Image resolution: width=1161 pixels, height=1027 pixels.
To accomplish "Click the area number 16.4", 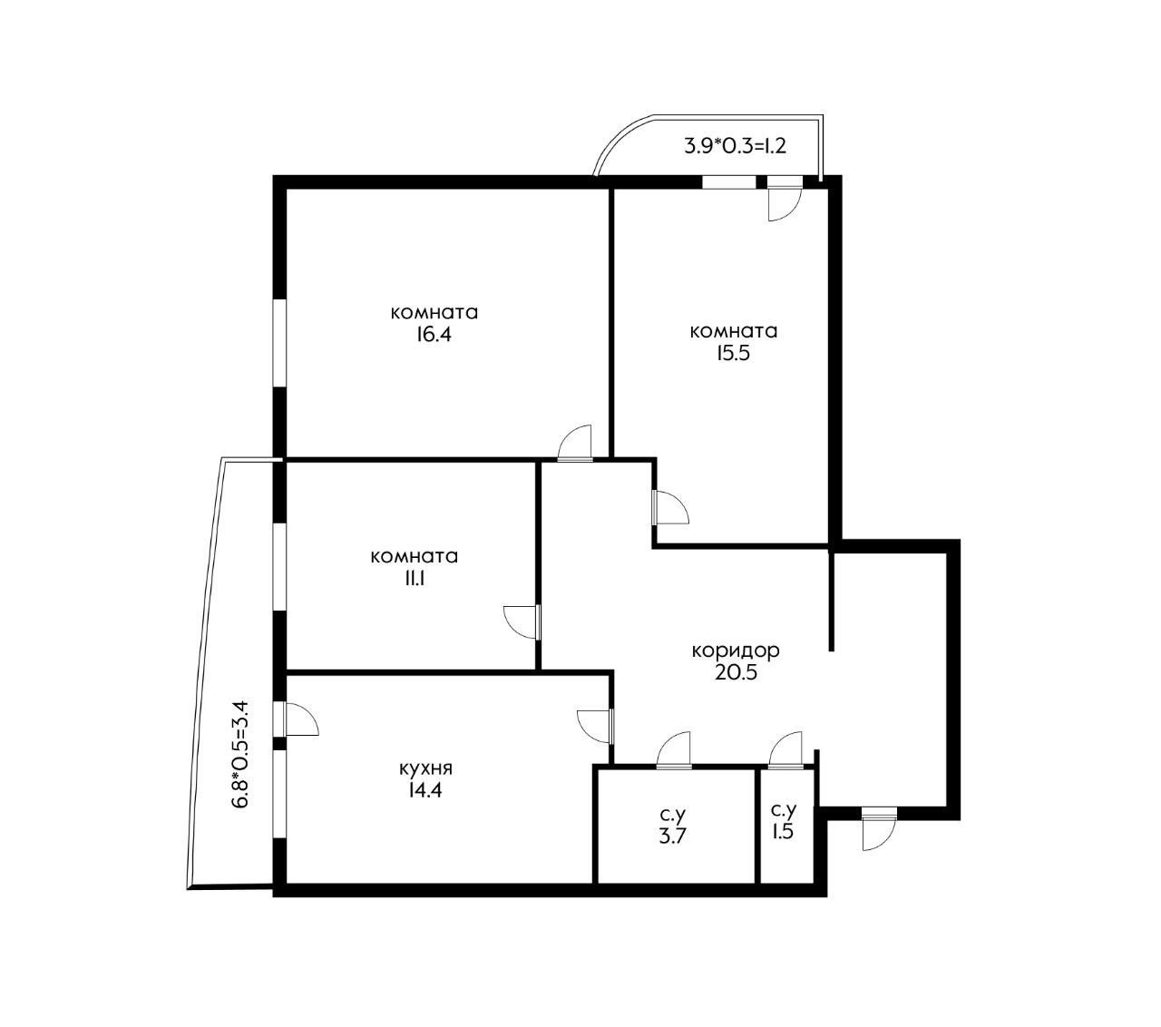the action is click(x=434, y=334).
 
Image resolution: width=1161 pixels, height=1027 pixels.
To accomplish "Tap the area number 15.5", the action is click(x=732, y=352).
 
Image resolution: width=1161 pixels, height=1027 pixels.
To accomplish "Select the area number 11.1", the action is click(x=414, y=579).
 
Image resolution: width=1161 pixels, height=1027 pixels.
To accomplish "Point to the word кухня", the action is click(x=425, y=768).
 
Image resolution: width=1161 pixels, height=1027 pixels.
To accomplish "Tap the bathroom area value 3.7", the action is click(x=672, y=836).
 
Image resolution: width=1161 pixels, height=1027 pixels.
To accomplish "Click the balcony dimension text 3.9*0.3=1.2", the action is click(x=735, y=146).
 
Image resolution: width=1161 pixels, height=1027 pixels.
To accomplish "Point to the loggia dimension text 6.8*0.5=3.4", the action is click(x=240, y=754).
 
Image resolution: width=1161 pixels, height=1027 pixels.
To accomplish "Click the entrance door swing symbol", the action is click(x=879, y=828).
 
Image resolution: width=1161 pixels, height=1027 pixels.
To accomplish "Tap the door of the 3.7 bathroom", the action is click(x=674, y=751).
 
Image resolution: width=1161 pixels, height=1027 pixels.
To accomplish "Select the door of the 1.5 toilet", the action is click(x=785, y=751).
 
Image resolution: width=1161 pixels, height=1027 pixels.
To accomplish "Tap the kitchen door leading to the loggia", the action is click(x=296, y=719).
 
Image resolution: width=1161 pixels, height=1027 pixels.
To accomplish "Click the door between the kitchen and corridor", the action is click(x=596, y=727).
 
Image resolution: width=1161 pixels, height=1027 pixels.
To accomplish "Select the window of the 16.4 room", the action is click(x=279, y=343).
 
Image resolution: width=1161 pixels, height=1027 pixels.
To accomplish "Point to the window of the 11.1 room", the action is click(x=279, y=566).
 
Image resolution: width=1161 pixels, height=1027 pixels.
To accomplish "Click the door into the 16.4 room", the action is click(x=574, y=443).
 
